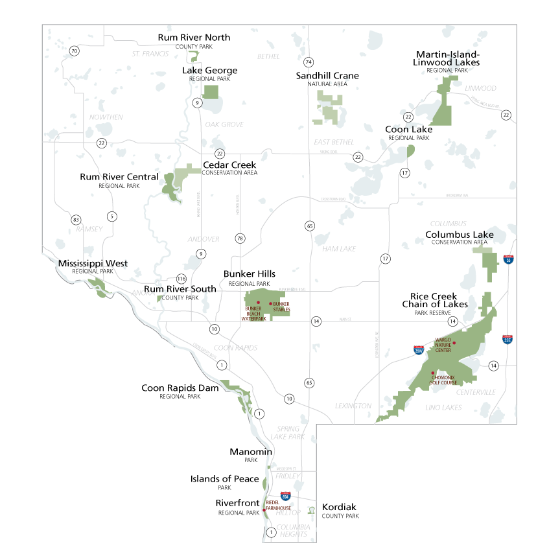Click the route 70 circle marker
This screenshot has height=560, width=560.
pos(75,51)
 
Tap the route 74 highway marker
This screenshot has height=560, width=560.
pos(309,62)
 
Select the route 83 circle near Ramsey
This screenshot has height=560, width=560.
pos(76,220)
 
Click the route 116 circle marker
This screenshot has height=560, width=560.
pos(181,279)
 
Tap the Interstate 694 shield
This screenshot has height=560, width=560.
pos(286,496)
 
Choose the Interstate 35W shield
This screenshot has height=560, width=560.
pos(419,350)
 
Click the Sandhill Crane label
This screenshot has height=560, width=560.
pos(327,76)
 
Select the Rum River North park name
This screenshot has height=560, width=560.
pos(194,38)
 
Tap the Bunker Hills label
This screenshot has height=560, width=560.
pos(250,274)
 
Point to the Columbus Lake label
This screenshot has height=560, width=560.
pos(459,235)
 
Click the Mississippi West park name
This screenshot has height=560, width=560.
pos(93,264)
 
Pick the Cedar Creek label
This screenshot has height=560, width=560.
pos(229,165)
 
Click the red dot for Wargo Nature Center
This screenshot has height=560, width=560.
pos(454,343)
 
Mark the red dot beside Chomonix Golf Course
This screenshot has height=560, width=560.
pos(433,373)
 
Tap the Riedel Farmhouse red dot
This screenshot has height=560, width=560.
pos(264,509)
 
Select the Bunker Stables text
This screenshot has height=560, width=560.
pos(281,307)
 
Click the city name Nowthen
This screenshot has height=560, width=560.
pos(106,117)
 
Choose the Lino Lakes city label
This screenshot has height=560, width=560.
pos(443,408)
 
